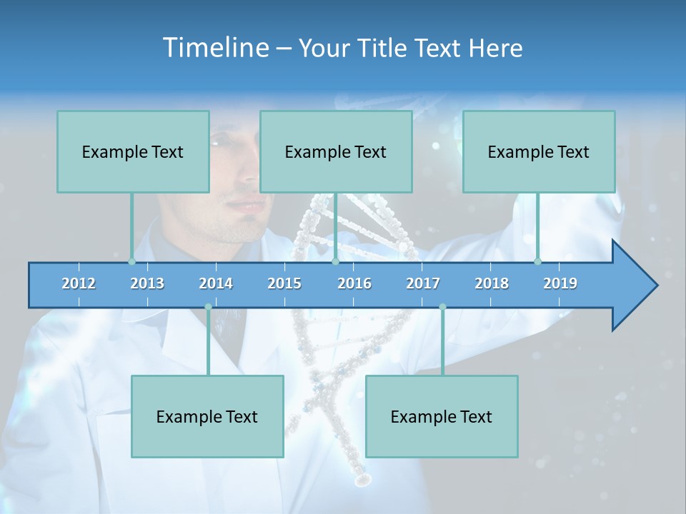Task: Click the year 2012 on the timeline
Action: [x=79, y=283]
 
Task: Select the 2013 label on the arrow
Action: [x=147, y=283]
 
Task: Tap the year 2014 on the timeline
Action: [x=216, y=283]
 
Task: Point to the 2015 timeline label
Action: [x=284, y=283]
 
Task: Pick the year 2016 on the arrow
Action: [x=354, y=283]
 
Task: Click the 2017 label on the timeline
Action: [x=423, y=283]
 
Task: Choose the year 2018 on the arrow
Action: [x=492, y=283]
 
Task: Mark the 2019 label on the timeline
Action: [x=560, y=283]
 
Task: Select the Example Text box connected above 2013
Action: [x=133, y=151]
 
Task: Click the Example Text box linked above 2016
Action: [x=336, y=151]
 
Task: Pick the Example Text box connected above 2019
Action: [x=539, y=151]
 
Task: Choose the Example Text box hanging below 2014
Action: [x=207, y=416]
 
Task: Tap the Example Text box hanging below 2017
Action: [x=442, y=416]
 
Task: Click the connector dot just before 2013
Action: [x=132, y=261]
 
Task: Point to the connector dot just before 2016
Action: [x=335, y=261]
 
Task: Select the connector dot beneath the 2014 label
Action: [x=208, y=307]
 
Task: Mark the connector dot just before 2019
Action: [x=538, y=261]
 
